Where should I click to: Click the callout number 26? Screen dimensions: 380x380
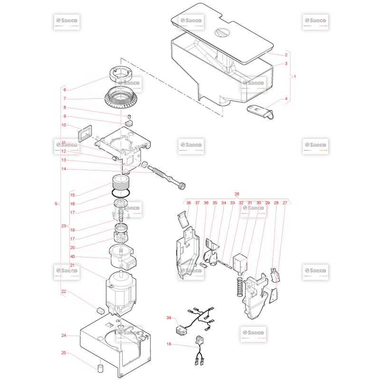pos(237,194)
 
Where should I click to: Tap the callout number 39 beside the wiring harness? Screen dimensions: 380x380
pos(169,318)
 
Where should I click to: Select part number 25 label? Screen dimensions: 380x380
pos(64,353)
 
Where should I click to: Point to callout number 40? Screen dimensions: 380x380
pos(73,256)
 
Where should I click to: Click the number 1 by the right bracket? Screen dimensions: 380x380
pos(294,76)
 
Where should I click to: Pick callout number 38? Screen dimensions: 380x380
pos(189,203)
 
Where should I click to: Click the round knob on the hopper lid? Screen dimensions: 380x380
pos(222,32)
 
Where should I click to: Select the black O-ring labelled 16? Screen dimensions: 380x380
pos(121,193)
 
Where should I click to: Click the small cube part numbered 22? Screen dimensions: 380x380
pos(100,311)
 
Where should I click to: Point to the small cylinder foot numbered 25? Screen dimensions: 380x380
pos(100,369)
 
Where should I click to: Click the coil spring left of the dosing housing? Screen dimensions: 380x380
pos(240,287)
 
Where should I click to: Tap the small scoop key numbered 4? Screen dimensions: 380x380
pos(260,112)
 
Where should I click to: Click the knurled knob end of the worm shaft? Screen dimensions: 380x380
pos(181,186)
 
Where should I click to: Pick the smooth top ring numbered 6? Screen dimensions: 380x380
pos(121,75)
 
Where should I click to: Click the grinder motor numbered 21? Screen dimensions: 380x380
pos(121,294)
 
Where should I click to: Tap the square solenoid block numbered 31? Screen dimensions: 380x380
pos(240,263)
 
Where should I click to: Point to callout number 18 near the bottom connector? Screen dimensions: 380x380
pos(169,344)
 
